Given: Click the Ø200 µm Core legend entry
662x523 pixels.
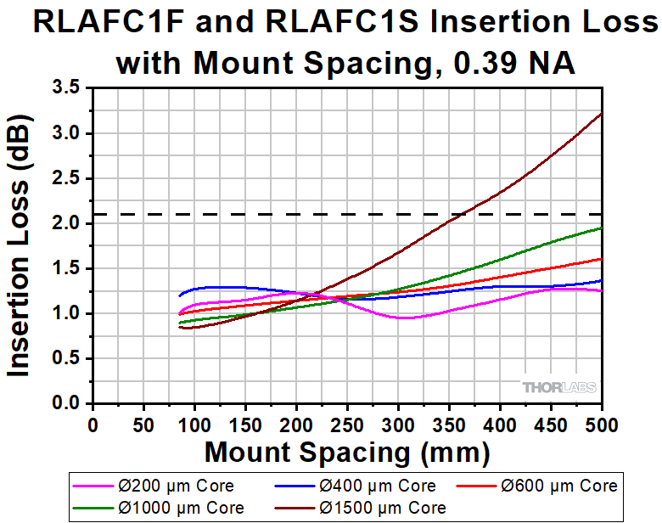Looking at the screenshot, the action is [x=154, y=486].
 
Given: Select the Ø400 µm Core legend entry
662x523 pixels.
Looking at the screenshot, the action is [x=356, y=486].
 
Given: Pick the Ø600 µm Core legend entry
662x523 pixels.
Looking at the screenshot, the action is [x=537, y=486].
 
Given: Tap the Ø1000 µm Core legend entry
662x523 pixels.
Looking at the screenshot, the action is [x=159, y=508].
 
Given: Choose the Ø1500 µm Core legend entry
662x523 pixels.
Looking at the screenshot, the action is [x=361, y=508].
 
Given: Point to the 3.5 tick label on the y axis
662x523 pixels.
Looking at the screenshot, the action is [x=66, y=87].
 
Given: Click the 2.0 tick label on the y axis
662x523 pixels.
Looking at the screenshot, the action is [x=66, y=223].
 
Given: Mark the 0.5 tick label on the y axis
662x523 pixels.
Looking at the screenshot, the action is [x=66, y=358].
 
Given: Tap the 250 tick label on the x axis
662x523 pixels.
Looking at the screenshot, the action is [x=347, y=425].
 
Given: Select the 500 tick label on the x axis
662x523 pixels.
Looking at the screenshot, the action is [x=601, y=425].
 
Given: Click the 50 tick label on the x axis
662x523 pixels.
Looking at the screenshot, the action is [x=143, y=425].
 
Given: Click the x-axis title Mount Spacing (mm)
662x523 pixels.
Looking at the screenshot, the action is [x=347, y=453].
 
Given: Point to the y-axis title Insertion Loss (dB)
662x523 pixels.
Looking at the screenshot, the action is [x=19, y=245].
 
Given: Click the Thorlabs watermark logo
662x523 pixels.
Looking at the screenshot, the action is [x=559, y=387].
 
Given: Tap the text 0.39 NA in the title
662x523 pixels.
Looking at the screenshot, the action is [x=514, y=64].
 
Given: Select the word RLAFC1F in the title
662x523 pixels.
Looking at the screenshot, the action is [x=109, y=22].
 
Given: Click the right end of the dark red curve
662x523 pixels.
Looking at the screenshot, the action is [x=601, y=113].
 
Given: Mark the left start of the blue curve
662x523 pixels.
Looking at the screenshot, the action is [x=179, y=295].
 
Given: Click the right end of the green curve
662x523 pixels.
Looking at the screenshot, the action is [x=601, y=228].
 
